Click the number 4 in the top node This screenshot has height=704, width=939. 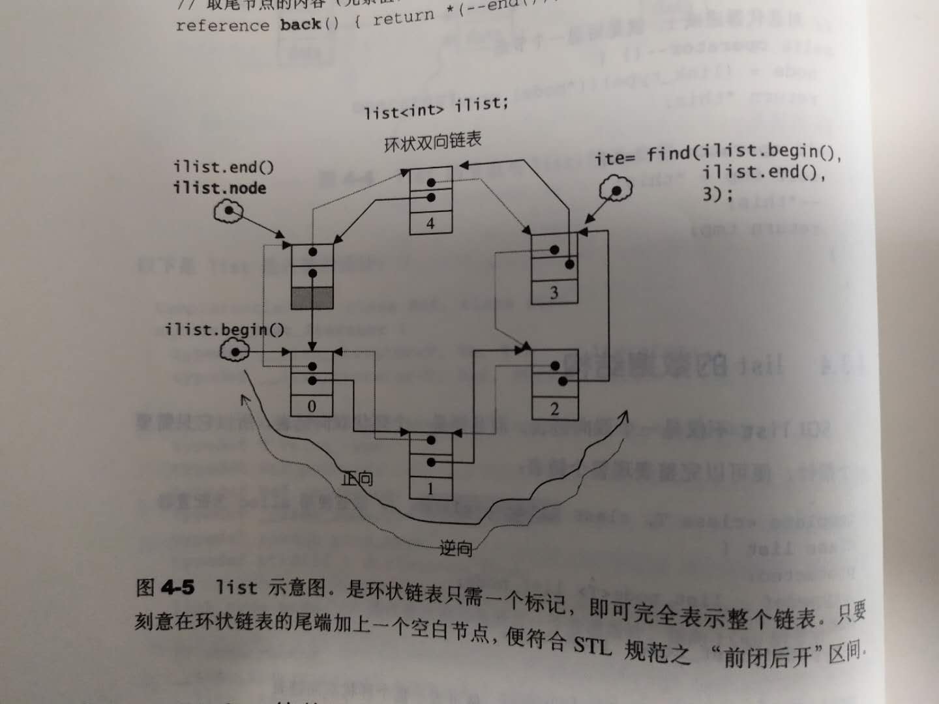click(430, 224)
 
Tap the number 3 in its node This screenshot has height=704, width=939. click(554, 293)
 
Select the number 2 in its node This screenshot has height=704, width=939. click(554, 409)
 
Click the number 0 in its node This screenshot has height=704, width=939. click(312, 406)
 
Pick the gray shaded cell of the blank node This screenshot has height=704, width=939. click(312, 298)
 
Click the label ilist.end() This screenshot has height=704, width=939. click(223, 167)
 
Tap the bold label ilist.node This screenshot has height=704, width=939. click(219, 188)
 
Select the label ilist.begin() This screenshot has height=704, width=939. click(224, 330)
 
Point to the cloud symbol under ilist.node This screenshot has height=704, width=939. click(229, 211)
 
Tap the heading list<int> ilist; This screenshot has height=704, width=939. click(436, 108)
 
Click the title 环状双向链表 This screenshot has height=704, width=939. click(433, 141)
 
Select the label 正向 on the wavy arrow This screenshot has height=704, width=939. click(357, 479)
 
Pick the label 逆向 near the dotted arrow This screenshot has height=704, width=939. click(456, 548)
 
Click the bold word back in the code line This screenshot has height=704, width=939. click(300, 25)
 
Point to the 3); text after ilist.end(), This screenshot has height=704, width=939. click(717, 194)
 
